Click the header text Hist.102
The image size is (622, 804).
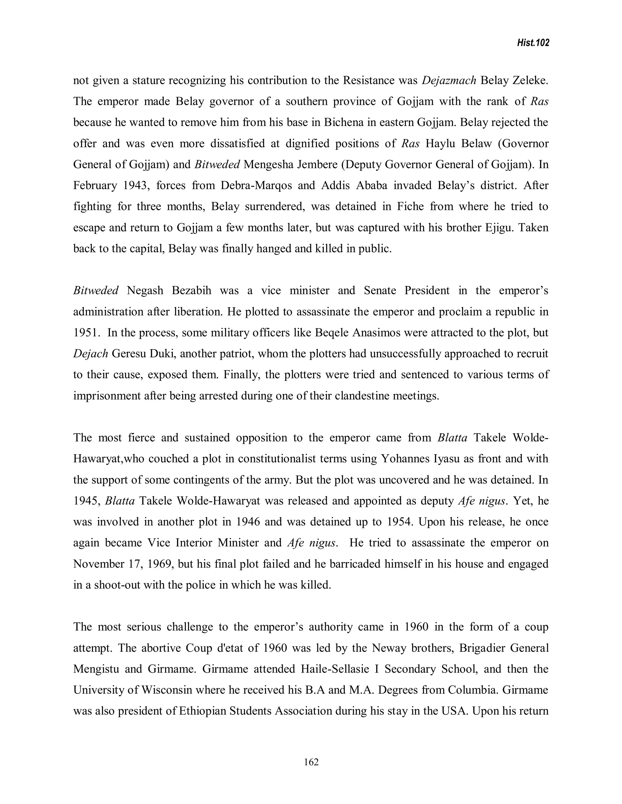click(532, 43)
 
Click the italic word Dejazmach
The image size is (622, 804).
click(449, 81)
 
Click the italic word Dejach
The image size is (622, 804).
click(90, 354)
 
